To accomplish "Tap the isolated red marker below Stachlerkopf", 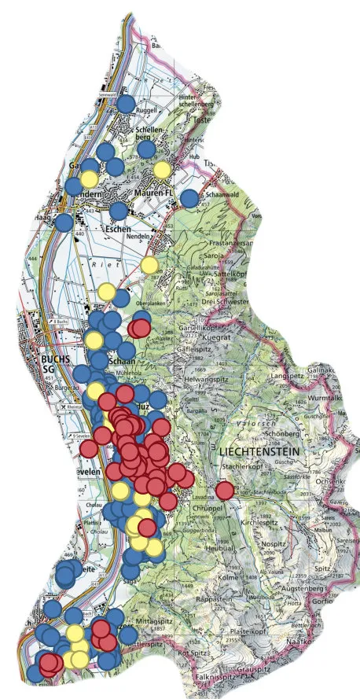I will click(225, 490).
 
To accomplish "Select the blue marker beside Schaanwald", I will click(189, 198).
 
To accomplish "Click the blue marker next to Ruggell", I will click(126, 103).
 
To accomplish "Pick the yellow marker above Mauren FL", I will click(162, 169).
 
